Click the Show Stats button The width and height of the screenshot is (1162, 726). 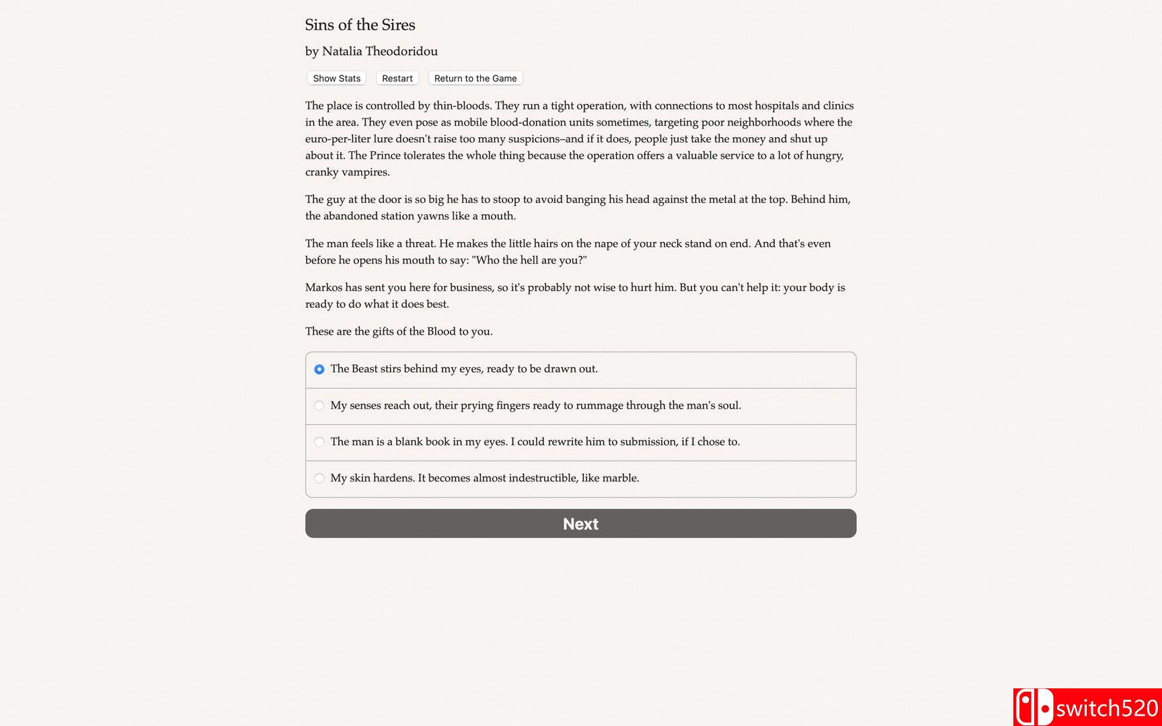coord(336,79)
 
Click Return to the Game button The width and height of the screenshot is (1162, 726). coord(475,79)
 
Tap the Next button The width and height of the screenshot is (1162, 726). coord(580,524)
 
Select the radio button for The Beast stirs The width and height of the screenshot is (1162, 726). coord(319,369)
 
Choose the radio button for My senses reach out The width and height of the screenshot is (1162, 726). coord(319,405)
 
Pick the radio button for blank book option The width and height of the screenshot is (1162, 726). coord(319,442)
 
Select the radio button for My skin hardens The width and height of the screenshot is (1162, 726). coord(319,478)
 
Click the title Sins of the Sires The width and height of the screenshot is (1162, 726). coord(360,25)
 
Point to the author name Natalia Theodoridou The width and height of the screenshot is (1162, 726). coord(380,51)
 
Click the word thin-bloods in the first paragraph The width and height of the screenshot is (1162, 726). coord(461,106)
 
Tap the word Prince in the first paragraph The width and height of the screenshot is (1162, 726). coord(385,155)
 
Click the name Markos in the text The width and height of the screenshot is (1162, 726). coord(323,287)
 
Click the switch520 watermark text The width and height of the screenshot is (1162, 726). coord(1107,709)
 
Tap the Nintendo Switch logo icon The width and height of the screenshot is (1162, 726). coord(1034,708)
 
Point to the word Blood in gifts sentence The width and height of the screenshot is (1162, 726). coord(441,331)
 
